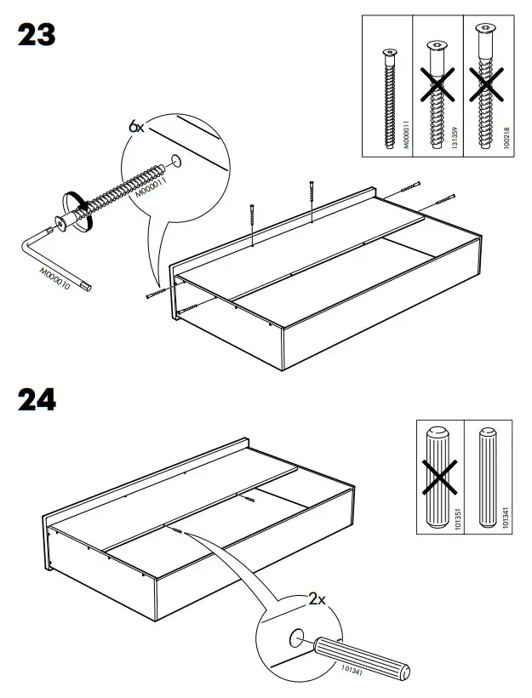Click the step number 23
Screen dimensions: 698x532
click(37, 35)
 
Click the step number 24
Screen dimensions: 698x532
click(37, 399)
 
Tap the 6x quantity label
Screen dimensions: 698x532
click(137, 126)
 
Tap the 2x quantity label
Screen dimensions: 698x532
click(317, 599)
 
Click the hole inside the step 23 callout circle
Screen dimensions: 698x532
click(177, 160)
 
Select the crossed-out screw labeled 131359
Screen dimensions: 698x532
click(438, 94)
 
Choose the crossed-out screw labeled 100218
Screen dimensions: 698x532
click(487, 94)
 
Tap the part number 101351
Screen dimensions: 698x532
click(458, 521)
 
